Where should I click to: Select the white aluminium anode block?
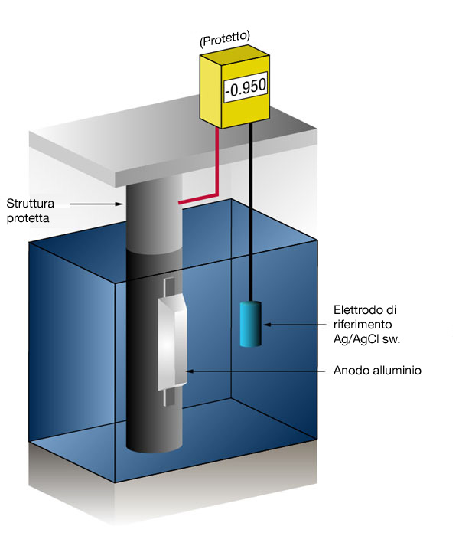coord(173,342)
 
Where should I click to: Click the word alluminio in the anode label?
coord(392,371)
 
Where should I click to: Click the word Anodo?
coord(347,371)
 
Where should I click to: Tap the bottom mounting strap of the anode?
coord(171,397)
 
